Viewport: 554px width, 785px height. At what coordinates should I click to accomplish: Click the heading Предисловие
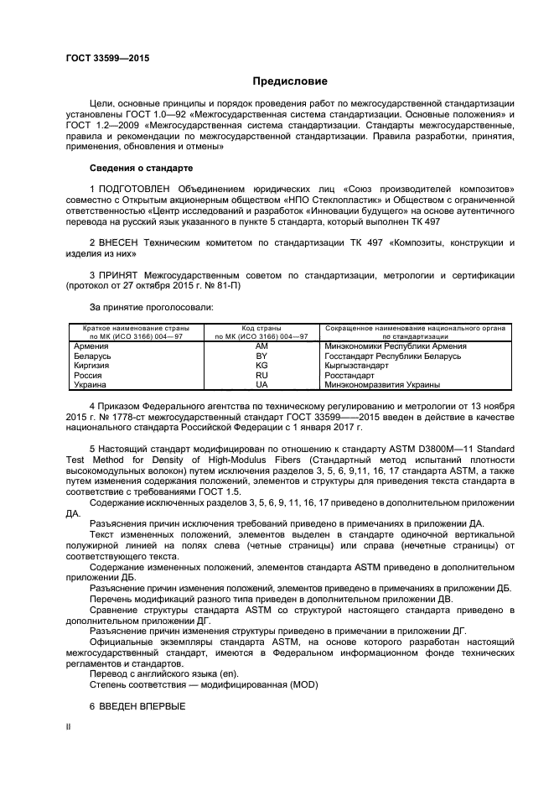290,81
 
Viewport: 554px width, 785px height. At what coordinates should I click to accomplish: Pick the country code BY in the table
261,356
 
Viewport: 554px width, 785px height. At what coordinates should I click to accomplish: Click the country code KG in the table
261,366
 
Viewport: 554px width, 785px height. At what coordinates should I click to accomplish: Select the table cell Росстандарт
350,375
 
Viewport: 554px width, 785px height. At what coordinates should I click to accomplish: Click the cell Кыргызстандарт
356,366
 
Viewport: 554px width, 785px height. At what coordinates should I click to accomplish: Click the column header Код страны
261,328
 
